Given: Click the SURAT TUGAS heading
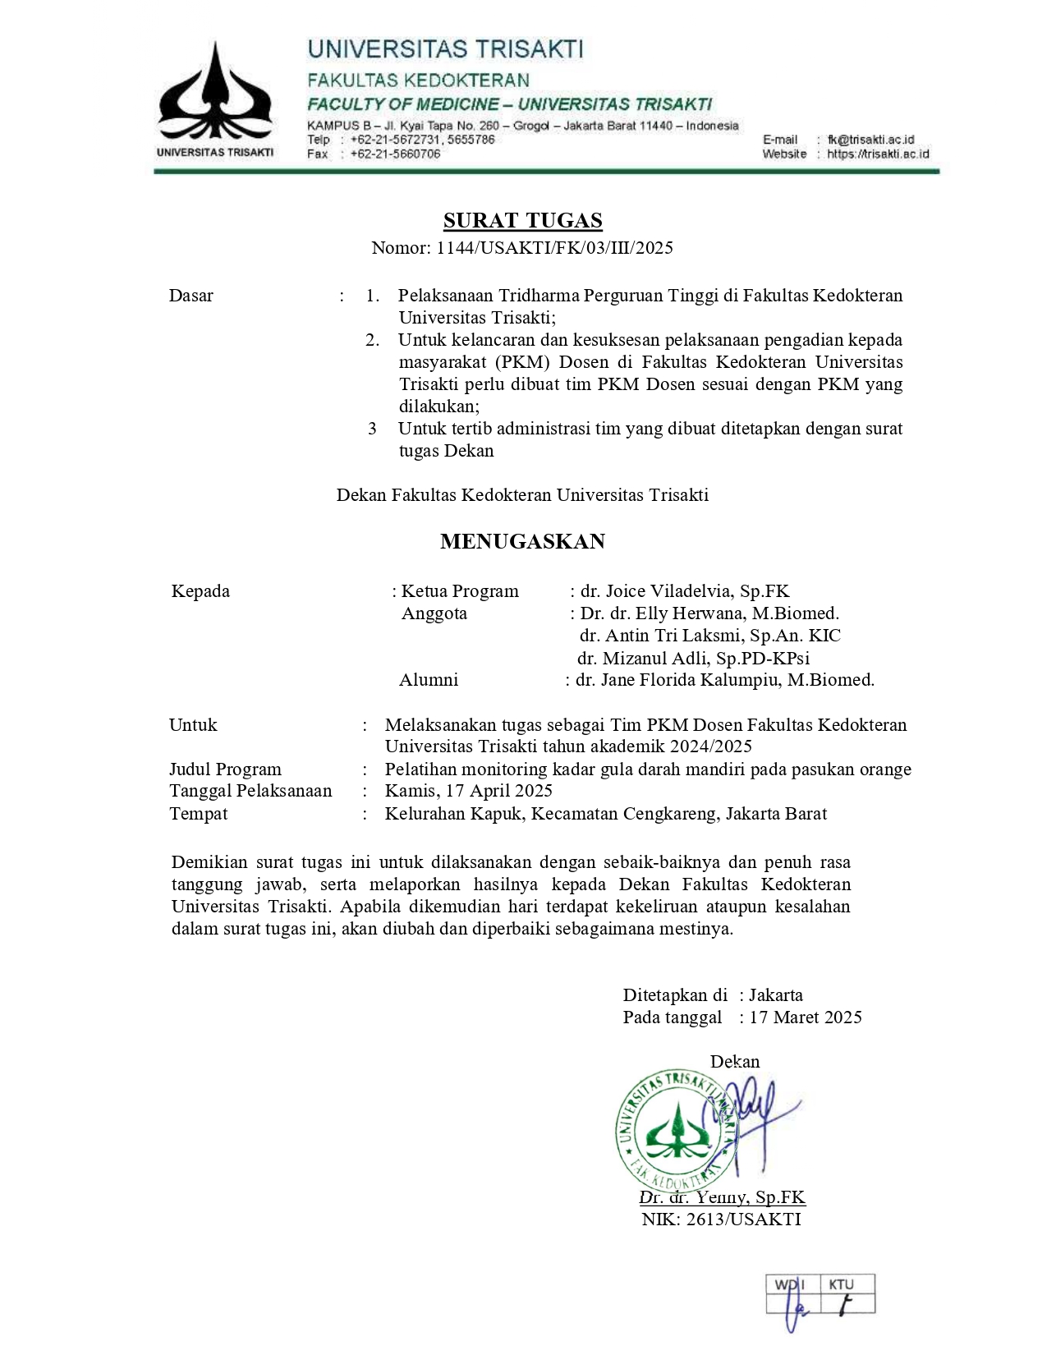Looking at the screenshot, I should pos(522,220).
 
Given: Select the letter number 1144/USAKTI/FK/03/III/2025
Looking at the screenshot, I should pos(554,248).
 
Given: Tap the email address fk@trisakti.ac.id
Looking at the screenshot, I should pos(870,140).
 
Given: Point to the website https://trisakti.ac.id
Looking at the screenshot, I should pos(878,154).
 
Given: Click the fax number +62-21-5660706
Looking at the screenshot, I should pos(395,154).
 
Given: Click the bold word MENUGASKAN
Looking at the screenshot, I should pos(522,541).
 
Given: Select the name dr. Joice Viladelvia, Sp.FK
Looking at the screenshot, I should pos(684,591).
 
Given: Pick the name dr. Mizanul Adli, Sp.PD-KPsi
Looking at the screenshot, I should pos(693,658).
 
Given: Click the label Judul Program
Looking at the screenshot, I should pos(225,769).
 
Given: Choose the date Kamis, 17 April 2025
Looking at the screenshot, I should pos(468,791).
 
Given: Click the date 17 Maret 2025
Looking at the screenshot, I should pos(806,1017).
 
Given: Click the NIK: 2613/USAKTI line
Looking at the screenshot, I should pos(721,1219).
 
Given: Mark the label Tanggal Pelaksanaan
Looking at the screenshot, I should pos(250,791).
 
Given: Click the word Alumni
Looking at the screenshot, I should pos(429,680).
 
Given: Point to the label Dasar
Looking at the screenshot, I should pos(191,296).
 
